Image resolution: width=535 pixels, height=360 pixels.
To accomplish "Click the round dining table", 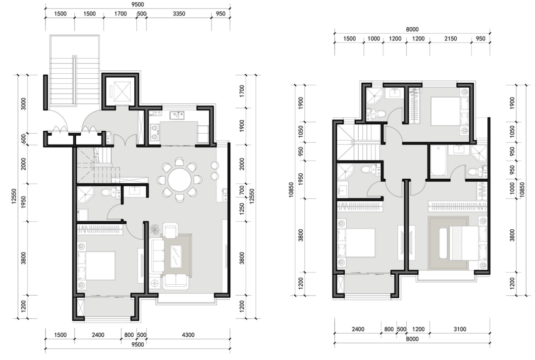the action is tap(180, 179).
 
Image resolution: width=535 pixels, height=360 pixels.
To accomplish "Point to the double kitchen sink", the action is tap(177, 115).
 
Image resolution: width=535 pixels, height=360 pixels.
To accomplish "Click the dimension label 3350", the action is tap(179, 14).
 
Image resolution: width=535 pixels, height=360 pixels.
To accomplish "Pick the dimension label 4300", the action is tap(188, 335).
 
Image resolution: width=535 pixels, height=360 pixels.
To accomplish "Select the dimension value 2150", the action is tap(450, 39).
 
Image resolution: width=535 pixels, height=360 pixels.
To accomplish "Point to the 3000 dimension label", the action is tap(24, 104).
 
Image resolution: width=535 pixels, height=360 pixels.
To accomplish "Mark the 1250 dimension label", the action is tap(242, 209).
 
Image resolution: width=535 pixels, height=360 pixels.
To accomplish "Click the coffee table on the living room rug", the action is tap(177, 257).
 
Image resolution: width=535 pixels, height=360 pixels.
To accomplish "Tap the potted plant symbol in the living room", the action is tap(156, 229).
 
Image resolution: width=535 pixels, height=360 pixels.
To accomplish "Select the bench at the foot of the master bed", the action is tap(443, 243).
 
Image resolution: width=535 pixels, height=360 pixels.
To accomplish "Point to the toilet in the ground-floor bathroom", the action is tap(107, 193).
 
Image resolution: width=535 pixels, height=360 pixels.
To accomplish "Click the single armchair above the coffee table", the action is tap(170, 230).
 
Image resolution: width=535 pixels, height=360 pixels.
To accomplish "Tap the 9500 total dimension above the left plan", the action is tap(138, 4).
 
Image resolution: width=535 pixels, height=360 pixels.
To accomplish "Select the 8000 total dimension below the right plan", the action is tap(412, 339).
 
